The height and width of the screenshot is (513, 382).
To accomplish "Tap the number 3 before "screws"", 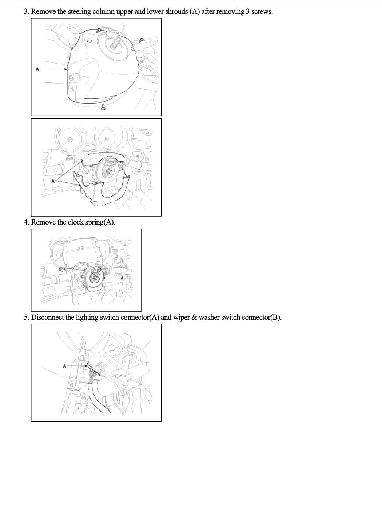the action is pos(248,12).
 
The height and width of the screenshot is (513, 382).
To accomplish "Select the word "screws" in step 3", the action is pos(262,12).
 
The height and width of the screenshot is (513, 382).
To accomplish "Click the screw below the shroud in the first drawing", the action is pos(103,107).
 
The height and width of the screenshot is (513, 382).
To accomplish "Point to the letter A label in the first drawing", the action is pos(37,69).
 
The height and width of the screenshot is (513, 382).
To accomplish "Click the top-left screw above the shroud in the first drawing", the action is pos(99,30).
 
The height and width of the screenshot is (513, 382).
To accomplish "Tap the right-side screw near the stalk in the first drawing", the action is pos(141,40).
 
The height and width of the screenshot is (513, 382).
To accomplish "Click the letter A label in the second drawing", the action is pos(53,181).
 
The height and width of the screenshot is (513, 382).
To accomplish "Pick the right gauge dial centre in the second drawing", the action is pos(106,139).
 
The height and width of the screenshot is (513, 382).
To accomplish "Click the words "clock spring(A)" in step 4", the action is pos(91,222).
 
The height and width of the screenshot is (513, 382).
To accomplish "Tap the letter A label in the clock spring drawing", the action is pos(122,278).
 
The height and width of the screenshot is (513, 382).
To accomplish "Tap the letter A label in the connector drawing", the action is pos(65,366).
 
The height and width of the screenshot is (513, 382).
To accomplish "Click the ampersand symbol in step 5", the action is pos(194,317).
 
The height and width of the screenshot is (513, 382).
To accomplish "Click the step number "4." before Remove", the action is pos(27,222).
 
